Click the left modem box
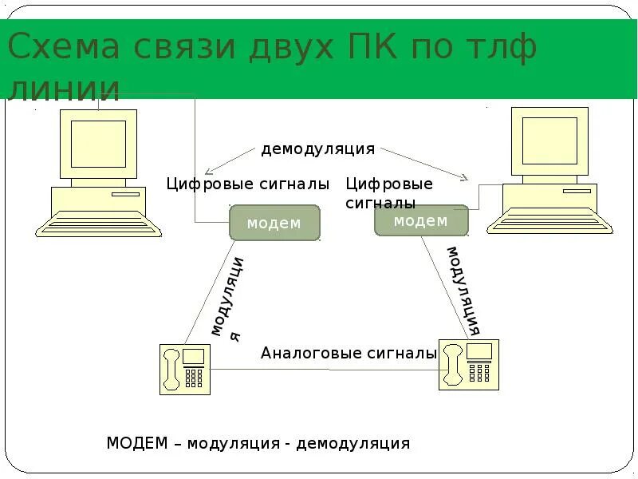pyautogui.click(x=274, y=223)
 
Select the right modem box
pyautogui.click(x=420, y=221)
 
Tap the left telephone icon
pyautogui.click(x=185, y=368)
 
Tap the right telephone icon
pyautogui.click(x=468, y=364)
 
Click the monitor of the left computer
pyautogui.click(x=98, y=144)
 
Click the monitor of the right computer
pyautogui.click(x=549, y=141)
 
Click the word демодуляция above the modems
pyautogui.click(x=317, y=149)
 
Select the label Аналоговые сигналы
pyautogui.click(x=349, y=353)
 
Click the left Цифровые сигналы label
pyautogui.click(x=247, y=184)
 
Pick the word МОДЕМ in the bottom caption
pyautogui.click(x=137, y=443)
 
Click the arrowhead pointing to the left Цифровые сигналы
pyautogui.click(x=209, y=171)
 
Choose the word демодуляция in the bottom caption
pyautogui.click(x=352, y=443)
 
